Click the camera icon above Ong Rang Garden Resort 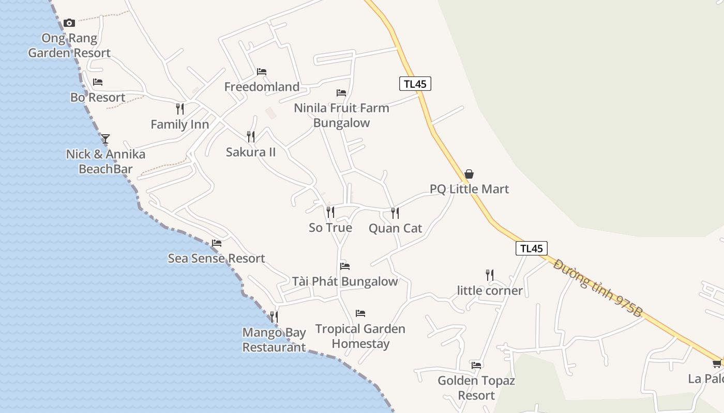click(69, 23)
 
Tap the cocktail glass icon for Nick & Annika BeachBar click(105, 138)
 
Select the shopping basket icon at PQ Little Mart click(469, 174)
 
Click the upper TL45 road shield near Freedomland click(415, 84)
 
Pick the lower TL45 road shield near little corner click(531, 248)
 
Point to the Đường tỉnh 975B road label click(597, 288)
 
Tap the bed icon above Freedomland click(262, 71)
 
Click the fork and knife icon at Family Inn click(180, 108)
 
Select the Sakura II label click(251, 152)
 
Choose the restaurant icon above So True click(330, 212)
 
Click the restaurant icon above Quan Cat click(395, 213)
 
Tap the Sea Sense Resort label click(216, 258)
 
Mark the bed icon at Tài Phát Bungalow click(345, 266)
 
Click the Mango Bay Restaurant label click(275, 340)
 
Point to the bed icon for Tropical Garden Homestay click(360, 313)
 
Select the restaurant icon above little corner click(490, 275)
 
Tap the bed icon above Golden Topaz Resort click(476, 365)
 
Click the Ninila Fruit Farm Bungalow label click(341, 115)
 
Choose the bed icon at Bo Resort click(98, 82)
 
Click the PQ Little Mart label click(470, 189)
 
